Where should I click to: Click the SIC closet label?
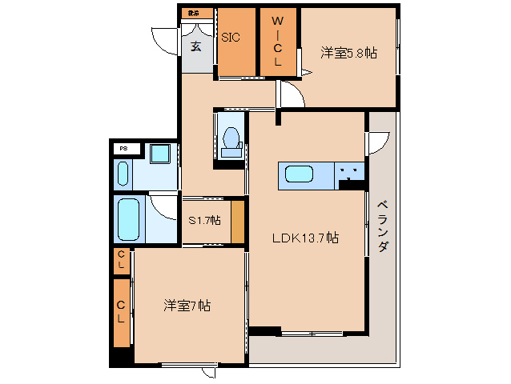coord(231,37)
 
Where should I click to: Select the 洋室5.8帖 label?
coord(348,53)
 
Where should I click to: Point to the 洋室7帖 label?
coord(187,305)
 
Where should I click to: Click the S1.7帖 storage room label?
coord(204,220)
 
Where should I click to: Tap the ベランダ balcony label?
coord(382,225)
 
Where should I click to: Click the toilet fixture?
coord(231,142)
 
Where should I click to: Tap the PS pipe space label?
coord(123,148)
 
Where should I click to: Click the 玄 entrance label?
coord(196,45)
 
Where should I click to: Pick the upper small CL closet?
coord(121,260)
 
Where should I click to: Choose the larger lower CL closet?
coord(121,311)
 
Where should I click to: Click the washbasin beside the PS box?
coord(123,173)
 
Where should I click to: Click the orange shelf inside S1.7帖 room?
coord(238,222)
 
